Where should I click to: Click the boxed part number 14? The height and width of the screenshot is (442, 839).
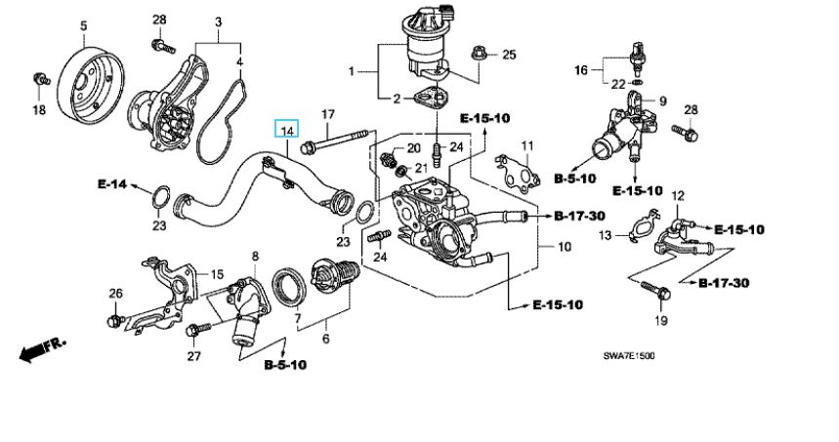point(287,131)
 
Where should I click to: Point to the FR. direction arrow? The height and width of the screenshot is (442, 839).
point(40,347)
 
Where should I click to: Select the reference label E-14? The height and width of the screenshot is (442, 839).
point(112,183)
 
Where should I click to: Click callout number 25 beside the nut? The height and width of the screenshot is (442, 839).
point(508,55)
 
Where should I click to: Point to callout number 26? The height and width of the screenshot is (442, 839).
point(115,294)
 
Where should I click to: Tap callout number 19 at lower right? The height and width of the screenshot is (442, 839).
point(660,321)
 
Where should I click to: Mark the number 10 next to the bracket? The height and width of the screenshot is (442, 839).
point(564,249)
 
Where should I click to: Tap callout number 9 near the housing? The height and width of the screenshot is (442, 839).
point(661,100)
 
